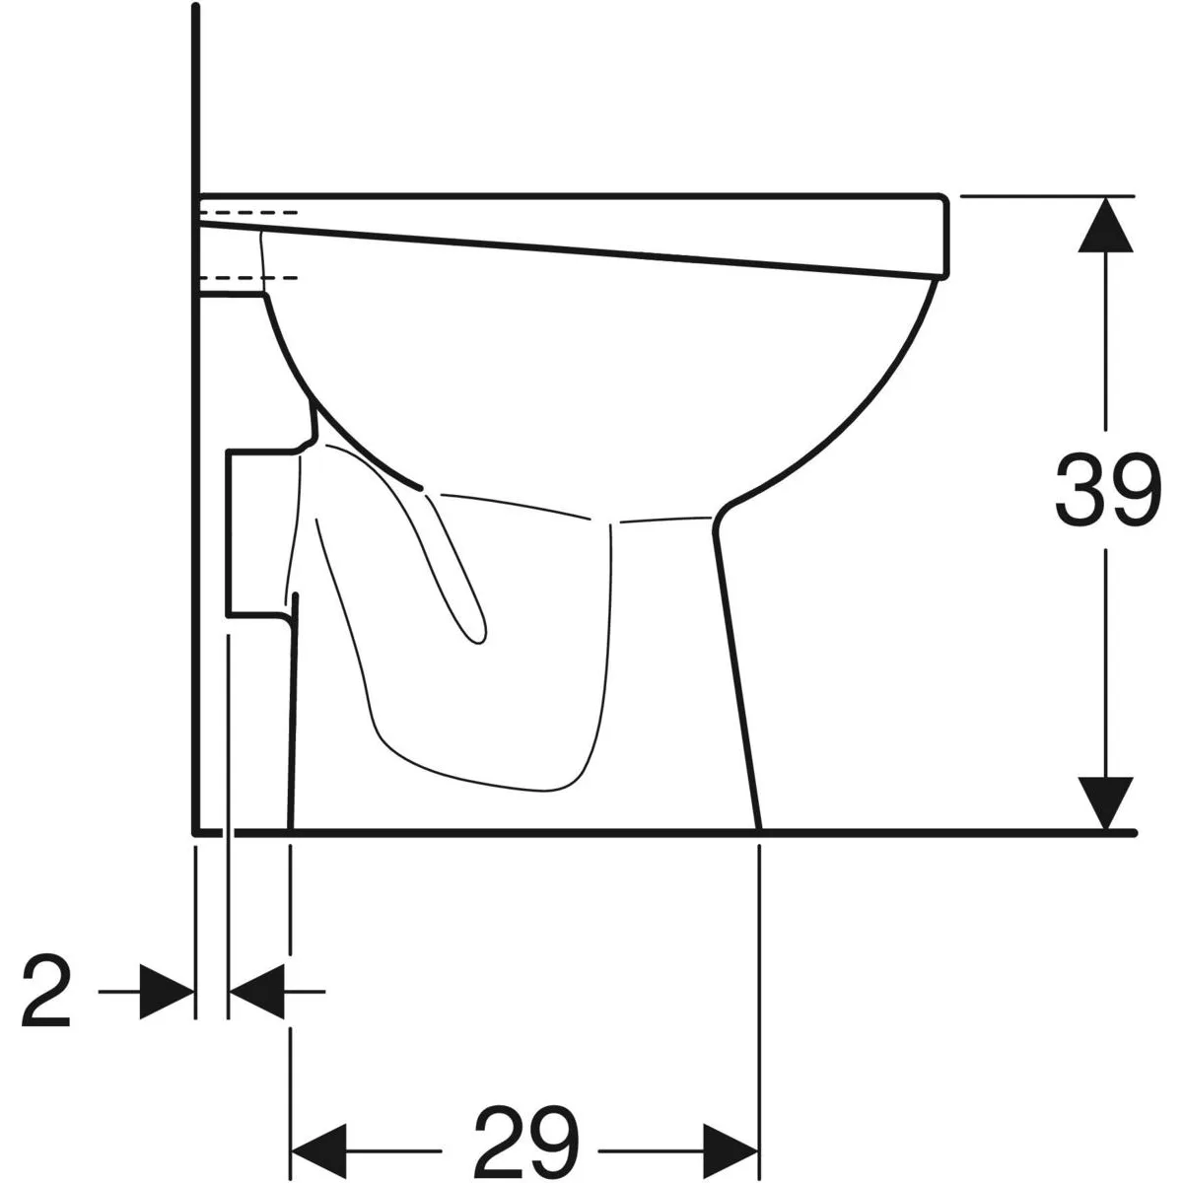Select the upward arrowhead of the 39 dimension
click(1106, 225)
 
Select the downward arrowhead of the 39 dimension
click(1106, 803)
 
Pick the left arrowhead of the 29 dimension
click(318, 1134)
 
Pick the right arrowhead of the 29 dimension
click(731, 1134)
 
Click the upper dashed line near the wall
click(248, 212)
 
